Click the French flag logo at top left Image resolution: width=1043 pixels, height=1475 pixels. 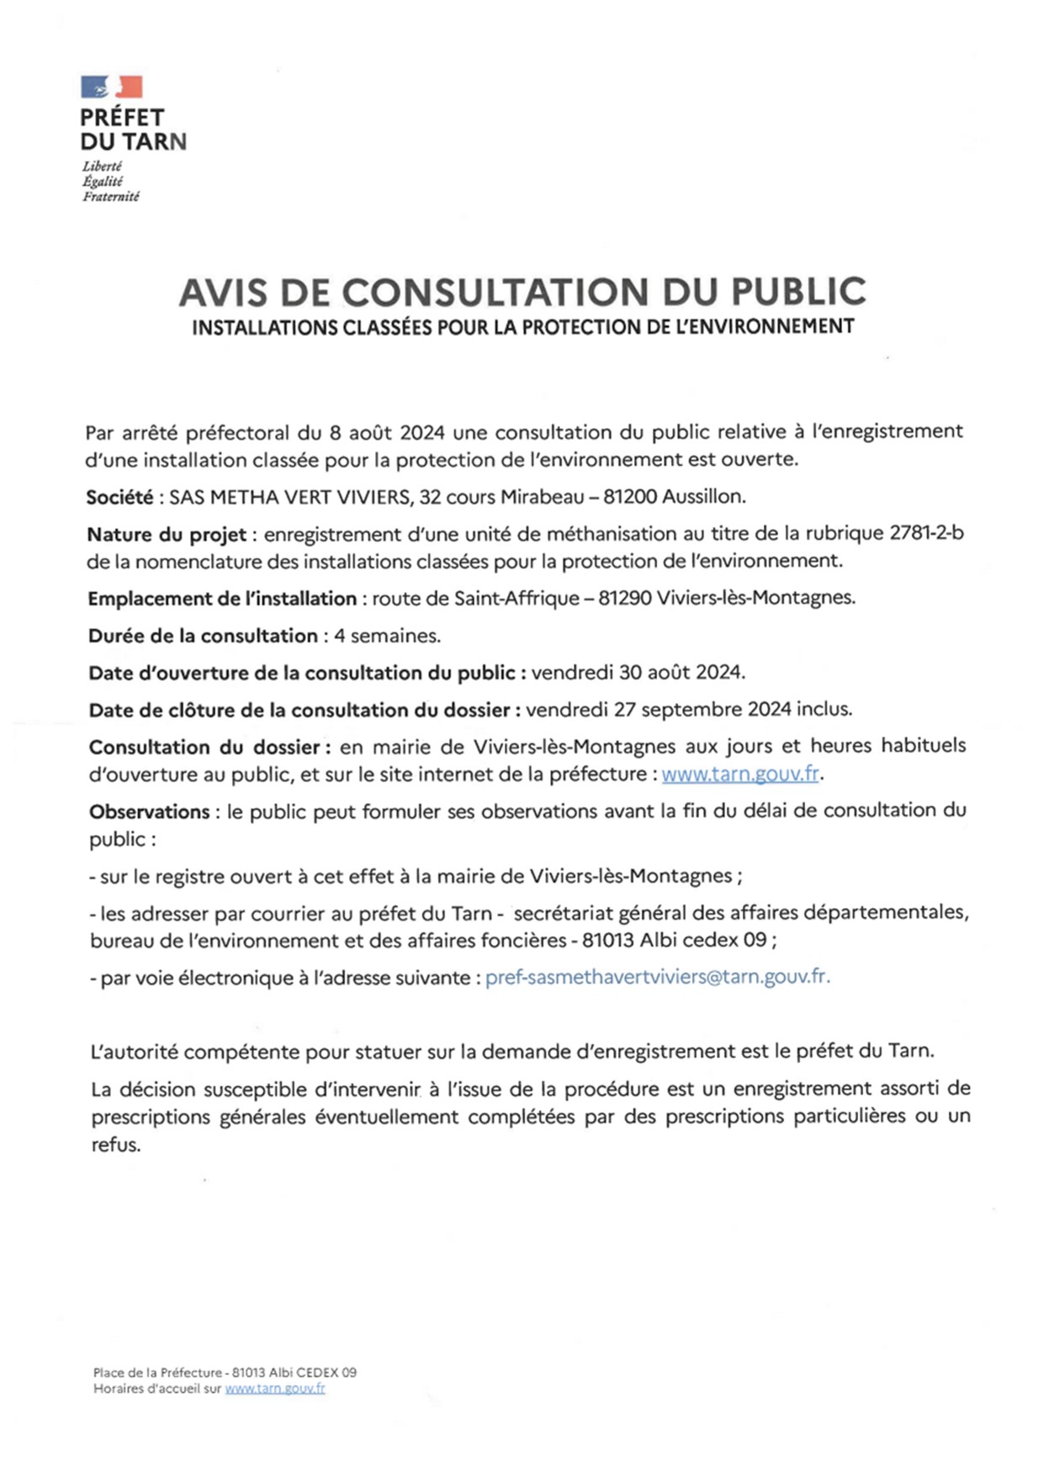111,87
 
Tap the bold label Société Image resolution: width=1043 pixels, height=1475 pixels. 119,497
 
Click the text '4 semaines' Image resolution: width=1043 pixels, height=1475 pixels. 387,636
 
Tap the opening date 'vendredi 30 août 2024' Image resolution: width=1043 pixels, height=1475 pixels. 638,672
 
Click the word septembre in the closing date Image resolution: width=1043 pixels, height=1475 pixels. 691,709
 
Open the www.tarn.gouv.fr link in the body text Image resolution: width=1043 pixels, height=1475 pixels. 740,774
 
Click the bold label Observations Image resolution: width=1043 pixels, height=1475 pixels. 149,812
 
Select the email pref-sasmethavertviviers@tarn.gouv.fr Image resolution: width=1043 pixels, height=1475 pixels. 657,977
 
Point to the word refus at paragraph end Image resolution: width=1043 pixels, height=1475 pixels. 115,1145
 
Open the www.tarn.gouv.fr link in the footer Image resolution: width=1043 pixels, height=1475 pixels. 274,1388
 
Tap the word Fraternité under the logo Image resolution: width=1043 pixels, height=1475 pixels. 111,197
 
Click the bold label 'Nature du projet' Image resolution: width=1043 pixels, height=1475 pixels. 167,534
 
